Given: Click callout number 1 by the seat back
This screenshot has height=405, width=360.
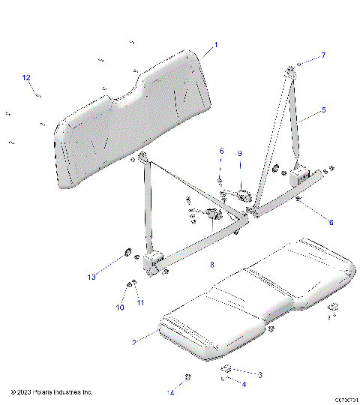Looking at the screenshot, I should [215, 45].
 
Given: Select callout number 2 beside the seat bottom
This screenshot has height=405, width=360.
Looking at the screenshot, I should [134, 342].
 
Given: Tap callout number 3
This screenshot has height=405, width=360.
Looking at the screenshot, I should [259, 373].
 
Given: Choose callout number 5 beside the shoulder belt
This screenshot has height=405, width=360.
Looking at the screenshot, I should [323, 110].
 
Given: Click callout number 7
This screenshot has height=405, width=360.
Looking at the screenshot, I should [323, 55].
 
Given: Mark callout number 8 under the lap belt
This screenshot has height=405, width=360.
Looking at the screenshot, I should [212, 265].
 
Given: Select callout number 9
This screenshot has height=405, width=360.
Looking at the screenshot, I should [240, 153].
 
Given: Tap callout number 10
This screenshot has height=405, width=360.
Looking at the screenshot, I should [118, 307].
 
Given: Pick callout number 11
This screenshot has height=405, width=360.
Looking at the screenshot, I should [140, 302].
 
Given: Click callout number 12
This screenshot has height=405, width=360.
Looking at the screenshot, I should [25, 77].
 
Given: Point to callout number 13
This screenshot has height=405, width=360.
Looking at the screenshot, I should [91, 277].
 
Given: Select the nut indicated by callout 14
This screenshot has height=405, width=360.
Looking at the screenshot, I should [187, 376].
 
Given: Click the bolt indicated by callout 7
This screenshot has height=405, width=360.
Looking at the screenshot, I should [297, 66].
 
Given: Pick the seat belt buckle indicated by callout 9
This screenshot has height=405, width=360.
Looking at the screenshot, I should [242, 196].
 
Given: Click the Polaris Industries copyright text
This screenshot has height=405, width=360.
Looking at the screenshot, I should [52, 392].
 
